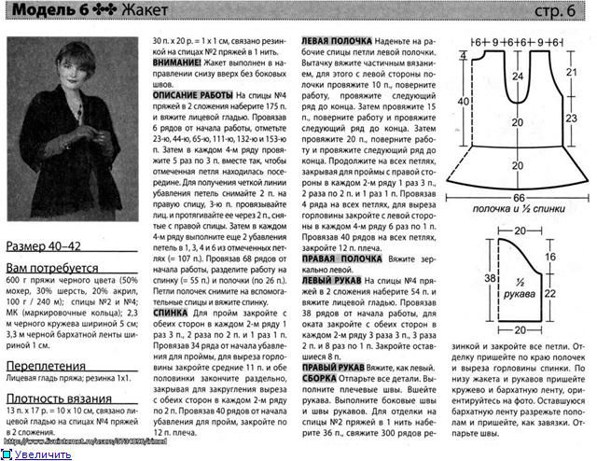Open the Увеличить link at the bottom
[x=41, y=454]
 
